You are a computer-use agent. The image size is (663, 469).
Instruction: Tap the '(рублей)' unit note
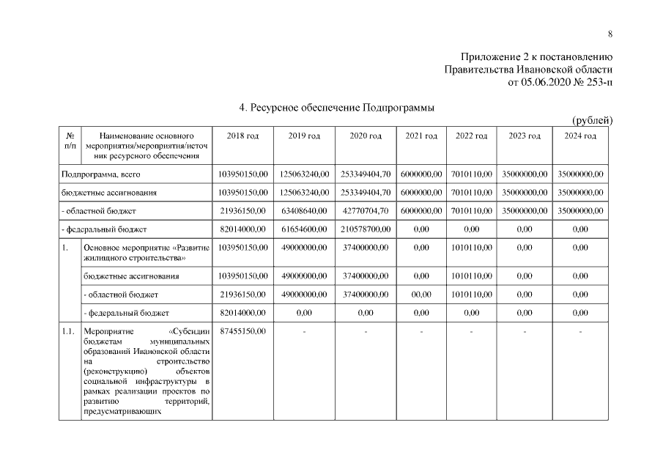click(x=592, y=120)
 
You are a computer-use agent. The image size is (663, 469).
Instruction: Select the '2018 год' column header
click(x=242, y=136)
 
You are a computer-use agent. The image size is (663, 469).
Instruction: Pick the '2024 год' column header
click(x=579, y=136)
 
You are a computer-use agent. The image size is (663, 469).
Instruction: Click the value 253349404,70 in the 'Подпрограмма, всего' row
click(x=366, y=174)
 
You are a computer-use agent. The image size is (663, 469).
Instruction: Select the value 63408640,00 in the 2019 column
click(x=303, y=211)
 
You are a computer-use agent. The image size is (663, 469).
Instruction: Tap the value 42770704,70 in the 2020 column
click(x=366, y=211)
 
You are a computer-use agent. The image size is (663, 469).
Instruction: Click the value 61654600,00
click(x=303, y=229)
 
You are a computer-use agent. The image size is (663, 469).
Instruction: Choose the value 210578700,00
click(x=366, y=229)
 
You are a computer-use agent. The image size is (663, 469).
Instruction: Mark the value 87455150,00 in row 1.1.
click(x=242, y=331)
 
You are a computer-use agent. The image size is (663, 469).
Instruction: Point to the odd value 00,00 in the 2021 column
click(x=421, y=294)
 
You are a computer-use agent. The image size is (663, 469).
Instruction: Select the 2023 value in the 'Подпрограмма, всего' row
click(x=525, y=174)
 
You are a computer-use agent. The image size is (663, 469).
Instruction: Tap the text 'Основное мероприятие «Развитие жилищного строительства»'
click(x=147, y=253)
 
